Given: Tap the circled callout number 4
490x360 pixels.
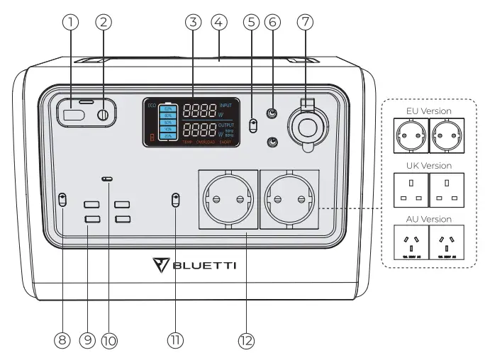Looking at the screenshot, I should click(220, 22).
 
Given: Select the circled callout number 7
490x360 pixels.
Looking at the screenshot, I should click(305, 22).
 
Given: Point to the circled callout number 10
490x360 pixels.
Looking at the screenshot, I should click(108, 341).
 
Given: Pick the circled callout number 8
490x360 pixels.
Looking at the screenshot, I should click(62, 341).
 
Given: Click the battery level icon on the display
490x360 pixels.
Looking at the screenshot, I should click(167, 122).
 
